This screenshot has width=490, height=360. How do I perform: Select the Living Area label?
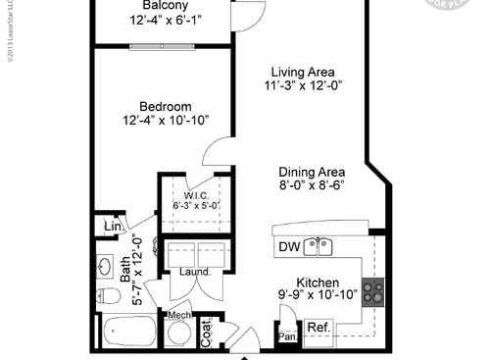pos(304,73)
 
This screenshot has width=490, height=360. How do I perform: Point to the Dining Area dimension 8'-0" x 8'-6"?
pos(316,183)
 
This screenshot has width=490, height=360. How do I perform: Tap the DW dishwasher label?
pos(288,246)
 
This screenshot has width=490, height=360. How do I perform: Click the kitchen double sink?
pos(318,246)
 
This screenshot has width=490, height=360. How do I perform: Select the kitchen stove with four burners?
pos(373,290)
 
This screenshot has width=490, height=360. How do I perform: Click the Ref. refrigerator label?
pos(317,328)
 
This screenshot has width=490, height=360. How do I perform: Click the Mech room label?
pos(177,314)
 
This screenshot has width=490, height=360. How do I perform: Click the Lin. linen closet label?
pos(113,228)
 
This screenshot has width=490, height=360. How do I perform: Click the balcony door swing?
pos(250,14)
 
